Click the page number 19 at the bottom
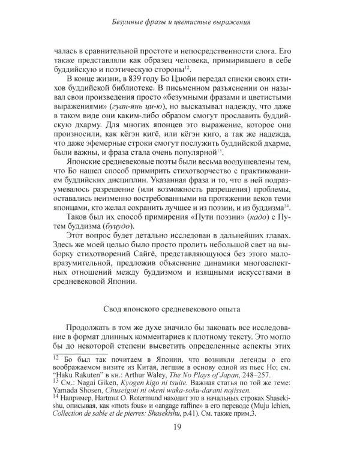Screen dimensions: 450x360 tap(180, 427)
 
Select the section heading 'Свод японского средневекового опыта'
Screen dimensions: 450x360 tap(179, 309)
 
